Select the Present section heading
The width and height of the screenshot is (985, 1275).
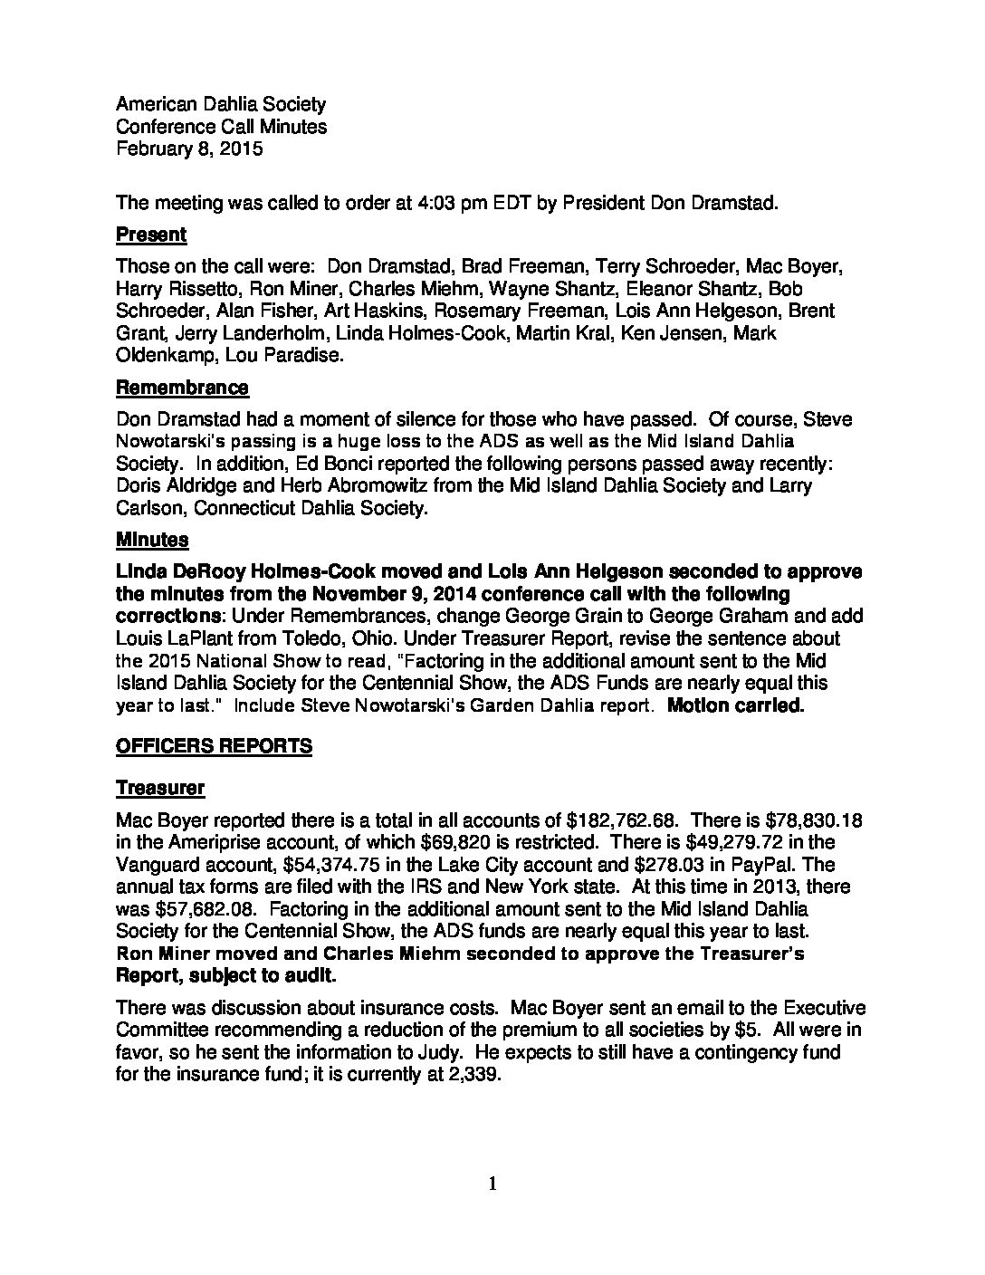(x=151, y=235)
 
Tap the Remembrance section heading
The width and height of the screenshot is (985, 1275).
(x=182, y=388)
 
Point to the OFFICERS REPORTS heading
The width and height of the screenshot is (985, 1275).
(x=214, y=745)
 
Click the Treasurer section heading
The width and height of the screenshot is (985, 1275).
(x=160, y=788)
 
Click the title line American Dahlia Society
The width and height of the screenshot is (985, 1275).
(x=221, y=105)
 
